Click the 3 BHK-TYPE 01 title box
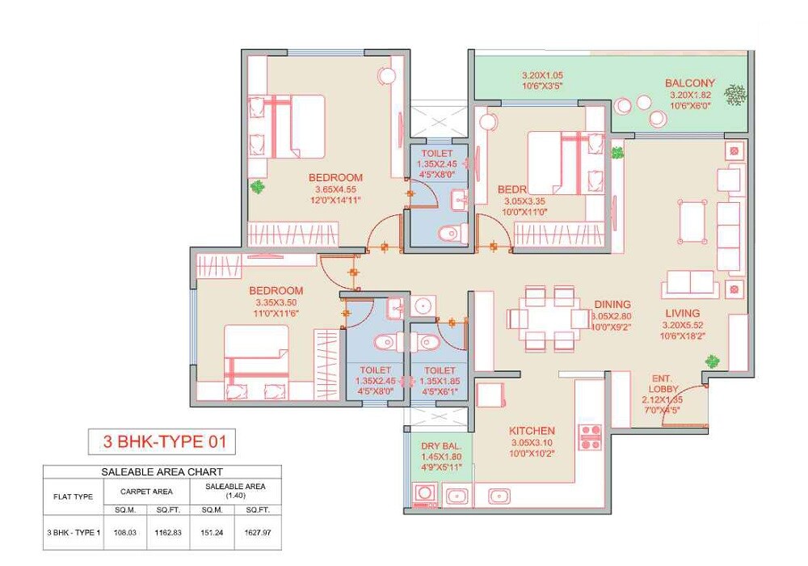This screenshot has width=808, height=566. tap(162, 442)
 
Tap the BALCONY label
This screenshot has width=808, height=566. tap(690, 82)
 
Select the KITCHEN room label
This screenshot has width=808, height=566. tap(532, 431)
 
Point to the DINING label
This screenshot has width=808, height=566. tap(612, 305)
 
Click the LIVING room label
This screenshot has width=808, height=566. tap(683, 313)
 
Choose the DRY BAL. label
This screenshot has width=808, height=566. tap(440, 446)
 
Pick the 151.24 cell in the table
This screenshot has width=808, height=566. tap(212, 533)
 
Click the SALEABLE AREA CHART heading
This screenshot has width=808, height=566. tap(162, 471)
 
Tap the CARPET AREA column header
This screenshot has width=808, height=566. tap(146, 490)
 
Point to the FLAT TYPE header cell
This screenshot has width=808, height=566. tap(73, 496)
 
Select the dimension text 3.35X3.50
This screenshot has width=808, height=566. tap(276, 303)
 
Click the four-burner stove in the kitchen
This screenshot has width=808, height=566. tap(590, 437)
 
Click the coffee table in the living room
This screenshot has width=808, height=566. tap(692, 221)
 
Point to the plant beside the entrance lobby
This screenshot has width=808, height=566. tap(712, 361)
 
